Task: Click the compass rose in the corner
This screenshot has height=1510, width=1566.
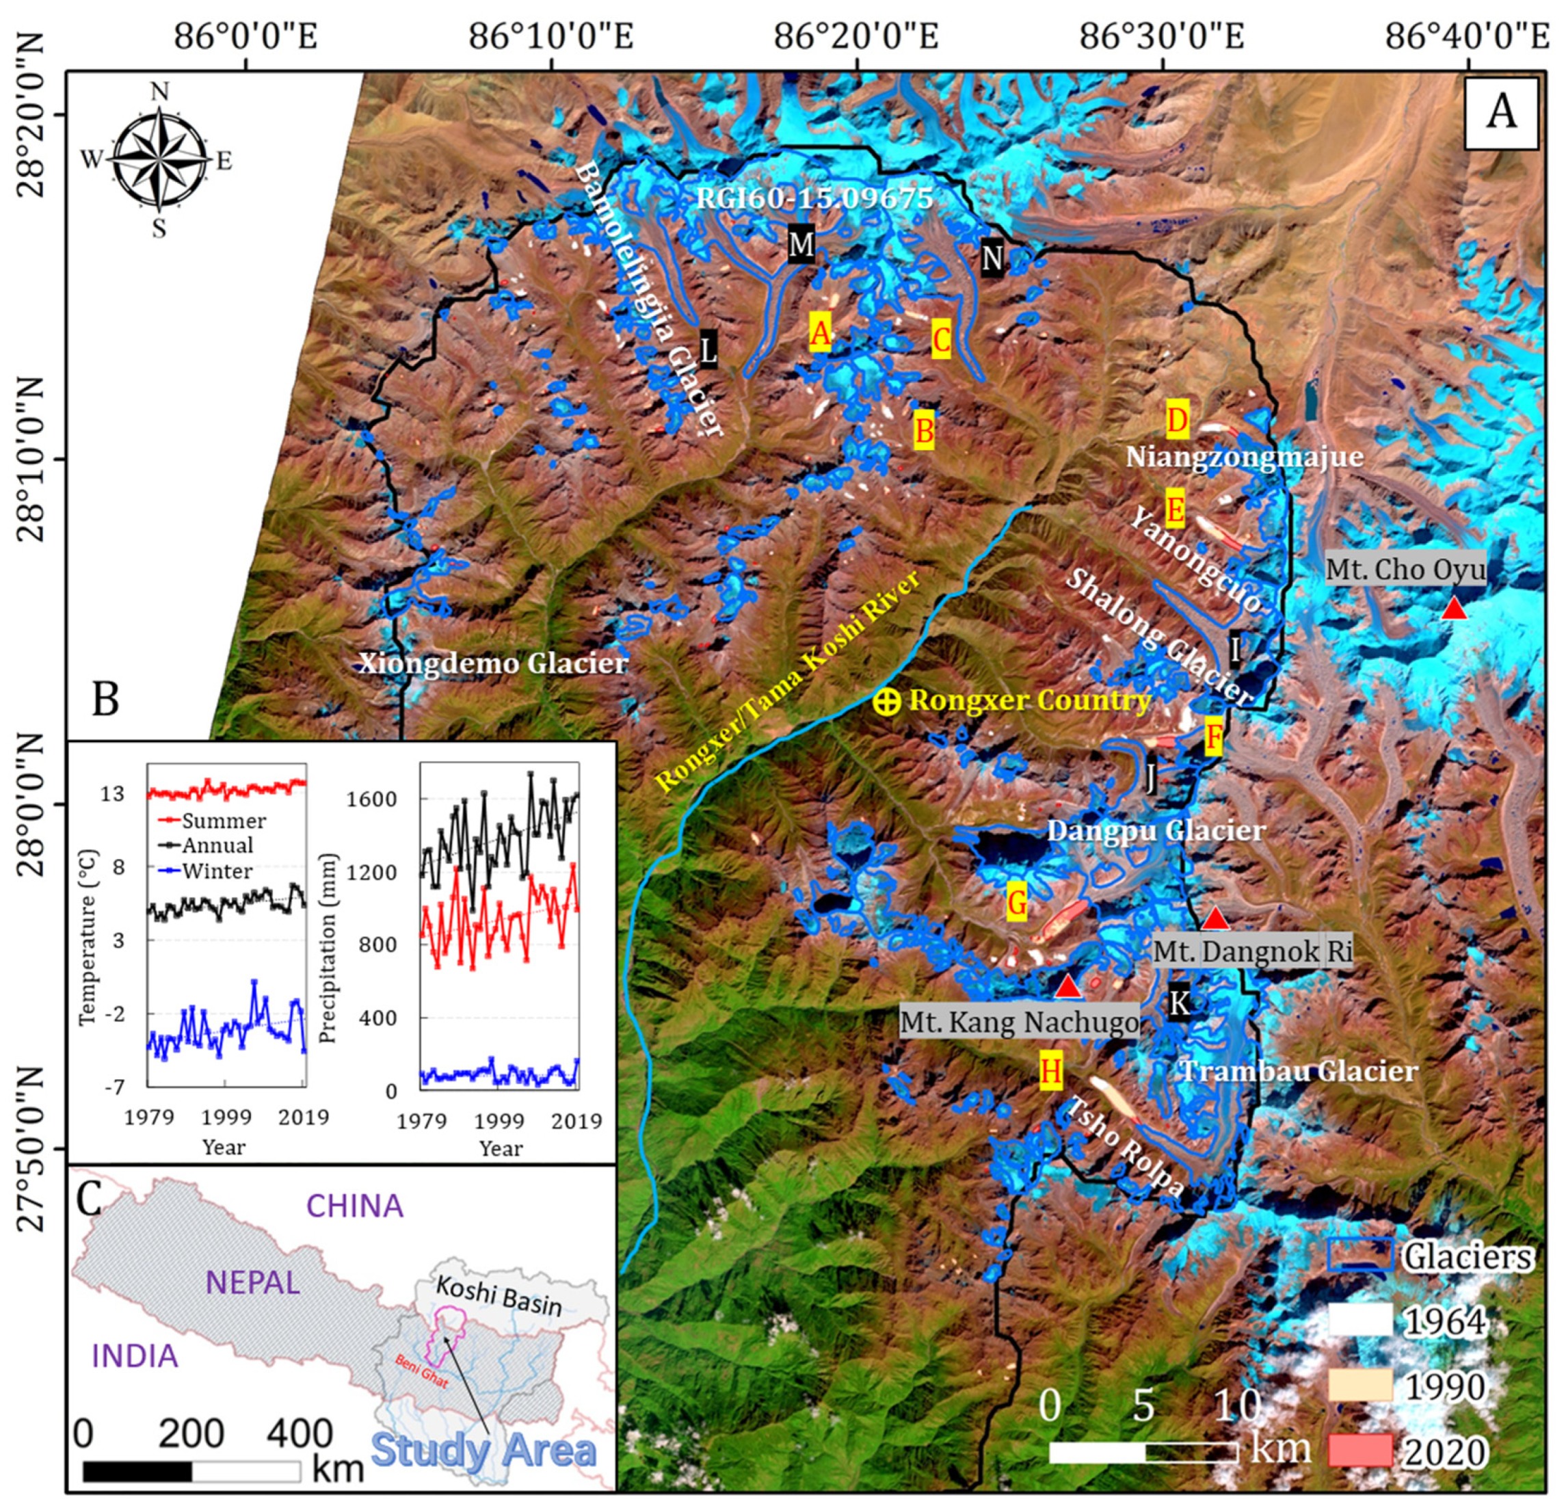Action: click(160, 161)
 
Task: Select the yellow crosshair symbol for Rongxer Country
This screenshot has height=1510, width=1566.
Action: click(886, 701)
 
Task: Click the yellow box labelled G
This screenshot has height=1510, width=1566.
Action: click(1016, 903)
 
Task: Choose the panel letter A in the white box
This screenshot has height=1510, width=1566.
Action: click(1500, 113)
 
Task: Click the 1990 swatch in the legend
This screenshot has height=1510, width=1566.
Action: click(1361, 1386)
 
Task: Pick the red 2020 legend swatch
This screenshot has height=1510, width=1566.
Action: click(1361, 1452)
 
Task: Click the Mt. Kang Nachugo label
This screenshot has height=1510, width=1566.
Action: click(1020, 1022)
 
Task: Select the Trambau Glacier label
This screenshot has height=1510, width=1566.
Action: click(1299, 1070)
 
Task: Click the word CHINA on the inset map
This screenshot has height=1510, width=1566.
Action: click(355, 1206)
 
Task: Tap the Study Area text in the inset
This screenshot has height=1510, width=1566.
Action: click(484, 1450)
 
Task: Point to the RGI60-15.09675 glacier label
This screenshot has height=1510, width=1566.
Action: click(814, 198)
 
